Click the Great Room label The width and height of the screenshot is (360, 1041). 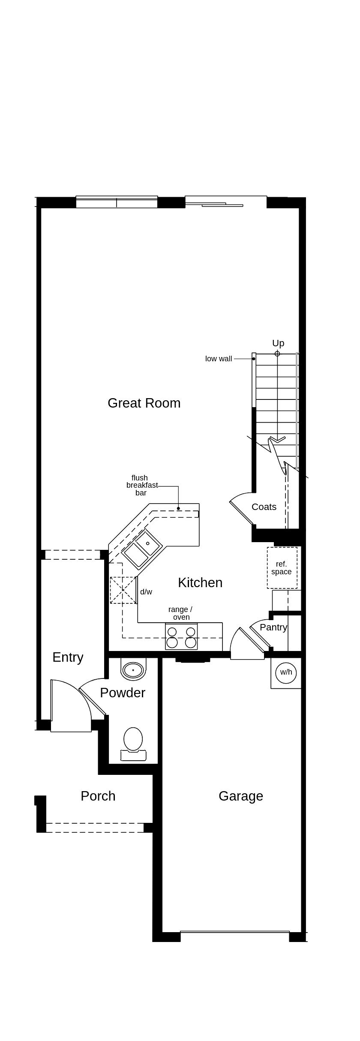(144, 403)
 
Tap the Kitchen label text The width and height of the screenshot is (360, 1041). (200, 582)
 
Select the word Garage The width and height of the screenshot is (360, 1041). (240, 796)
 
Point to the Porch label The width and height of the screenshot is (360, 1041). (98, 796)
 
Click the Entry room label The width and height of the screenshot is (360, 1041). (68, 657)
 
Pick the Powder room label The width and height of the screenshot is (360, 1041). (123, 693)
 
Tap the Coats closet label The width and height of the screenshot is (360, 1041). (264, 507)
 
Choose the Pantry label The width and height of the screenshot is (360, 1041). (273, 627)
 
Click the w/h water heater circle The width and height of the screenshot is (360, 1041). (286, 672)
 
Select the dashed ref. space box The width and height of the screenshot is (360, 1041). (282, 568)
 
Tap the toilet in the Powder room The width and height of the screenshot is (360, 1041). (133, 740)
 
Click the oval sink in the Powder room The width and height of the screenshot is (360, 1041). (133, 669)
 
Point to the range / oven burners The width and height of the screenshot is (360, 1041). (181, 637)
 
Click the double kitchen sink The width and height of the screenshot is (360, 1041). (142, 549)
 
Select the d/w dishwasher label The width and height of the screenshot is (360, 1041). (146, 592)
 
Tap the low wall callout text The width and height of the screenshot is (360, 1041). (219, 359)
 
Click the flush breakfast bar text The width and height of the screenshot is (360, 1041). (141, 485)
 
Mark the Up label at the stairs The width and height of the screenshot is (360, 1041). (278, 343)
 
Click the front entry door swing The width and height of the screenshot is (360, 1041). (71, 705)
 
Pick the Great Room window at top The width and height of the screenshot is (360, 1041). (117, 202)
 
